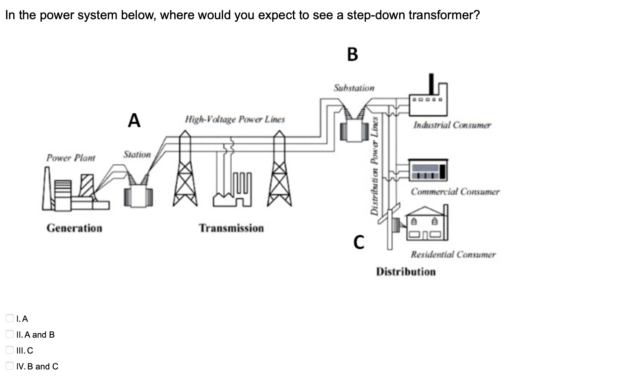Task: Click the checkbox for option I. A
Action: point(10,318)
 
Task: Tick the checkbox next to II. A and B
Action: point(10,334)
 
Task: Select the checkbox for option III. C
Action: point(10,350)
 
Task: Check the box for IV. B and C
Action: point(10,366)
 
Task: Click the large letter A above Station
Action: point(134,120)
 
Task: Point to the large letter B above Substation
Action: point(353,54)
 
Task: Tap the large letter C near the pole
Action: point(359,242)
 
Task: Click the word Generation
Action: point(74,228)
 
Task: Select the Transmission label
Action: point(231,228)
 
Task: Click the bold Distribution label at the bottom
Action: point(406,272)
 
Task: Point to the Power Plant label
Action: point(71,158)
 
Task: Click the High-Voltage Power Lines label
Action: point(235,119)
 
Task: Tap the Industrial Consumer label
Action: point(452,125)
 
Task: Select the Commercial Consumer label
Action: point(455,192)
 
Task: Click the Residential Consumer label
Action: point(453,255)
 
